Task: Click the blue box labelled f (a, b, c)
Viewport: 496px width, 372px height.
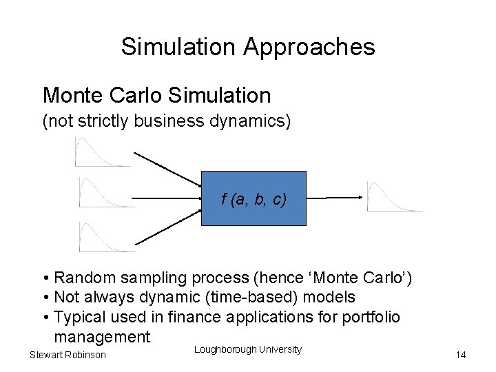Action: point(254,198)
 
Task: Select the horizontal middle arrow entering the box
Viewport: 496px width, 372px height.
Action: point(165,198)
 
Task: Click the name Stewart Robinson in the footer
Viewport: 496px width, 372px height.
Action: point(68,355)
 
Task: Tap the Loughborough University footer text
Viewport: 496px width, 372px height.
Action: point(247,349)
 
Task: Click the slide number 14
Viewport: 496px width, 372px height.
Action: point(461,355)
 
